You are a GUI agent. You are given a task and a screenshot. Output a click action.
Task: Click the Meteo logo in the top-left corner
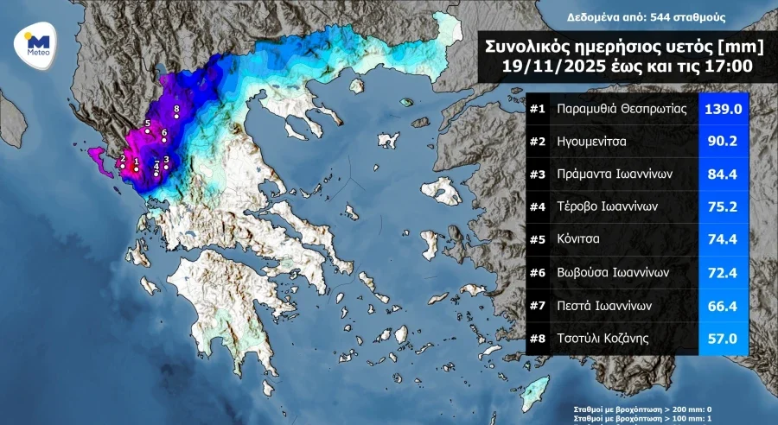pos(36,42)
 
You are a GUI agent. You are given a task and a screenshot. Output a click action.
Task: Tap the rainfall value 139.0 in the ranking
pos(723,110)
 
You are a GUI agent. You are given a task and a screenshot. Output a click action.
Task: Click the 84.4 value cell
pos(723,174)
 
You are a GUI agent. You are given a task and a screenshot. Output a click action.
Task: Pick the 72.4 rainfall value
pos(723,273)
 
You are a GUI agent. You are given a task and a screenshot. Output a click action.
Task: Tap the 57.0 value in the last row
pos(723,339)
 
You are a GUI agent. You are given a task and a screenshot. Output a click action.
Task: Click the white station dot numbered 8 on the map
pos(177,117)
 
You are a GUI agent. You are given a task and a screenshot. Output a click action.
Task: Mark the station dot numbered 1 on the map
pos(137,169)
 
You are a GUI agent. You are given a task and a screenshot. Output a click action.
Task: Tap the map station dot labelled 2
pos(123,166)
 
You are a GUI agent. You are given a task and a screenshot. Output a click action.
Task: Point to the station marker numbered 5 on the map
pos(148,132)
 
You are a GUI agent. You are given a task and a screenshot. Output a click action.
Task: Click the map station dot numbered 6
pos(164,140)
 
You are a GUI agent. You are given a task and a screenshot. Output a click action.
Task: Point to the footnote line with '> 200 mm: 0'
pos(642,409)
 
